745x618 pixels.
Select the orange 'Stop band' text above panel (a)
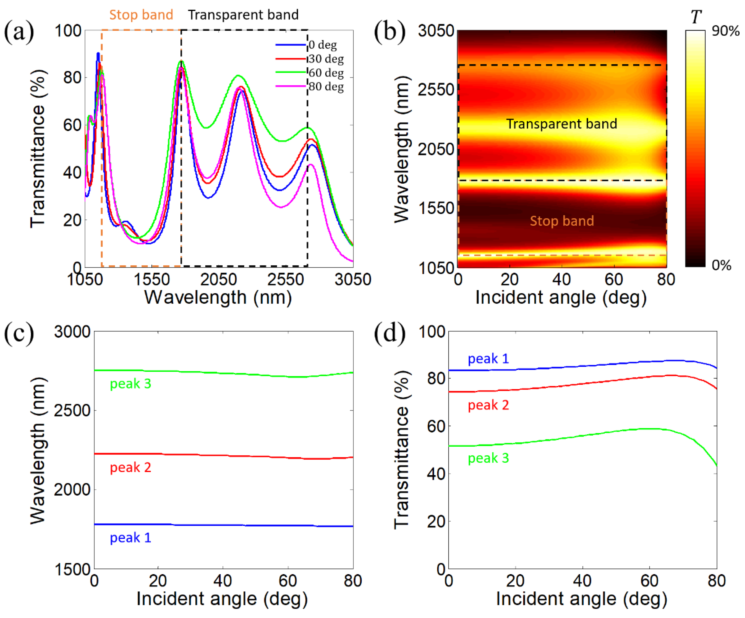click(141, 15)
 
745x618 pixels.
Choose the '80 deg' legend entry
click(326, 87)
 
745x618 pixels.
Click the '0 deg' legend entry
click(322, 45)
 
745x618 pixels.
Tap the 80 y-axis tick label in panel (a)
click(72, 78)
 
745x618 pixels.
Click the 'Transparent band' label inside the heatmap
click(561, 124)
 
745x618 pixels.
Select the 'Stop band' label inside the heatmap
click(561, 221)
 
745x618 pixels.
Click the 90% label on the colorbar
click(726, 31)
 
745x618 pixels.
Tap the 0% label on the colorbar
click(721, 265)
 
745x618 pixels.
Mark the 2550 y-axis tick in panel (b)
click(436, 89)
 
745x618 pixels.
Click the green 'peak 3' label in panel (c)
click(130, 384)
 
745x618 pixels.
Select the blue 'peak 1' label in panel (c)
click(130, 538)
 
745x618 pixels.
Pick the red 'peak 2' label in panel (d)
click(488, 405)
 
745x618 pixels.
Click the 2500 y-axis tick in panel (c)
click(72, 411)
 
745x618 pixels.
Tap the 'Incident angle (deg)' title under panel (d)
click(581, 599)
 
